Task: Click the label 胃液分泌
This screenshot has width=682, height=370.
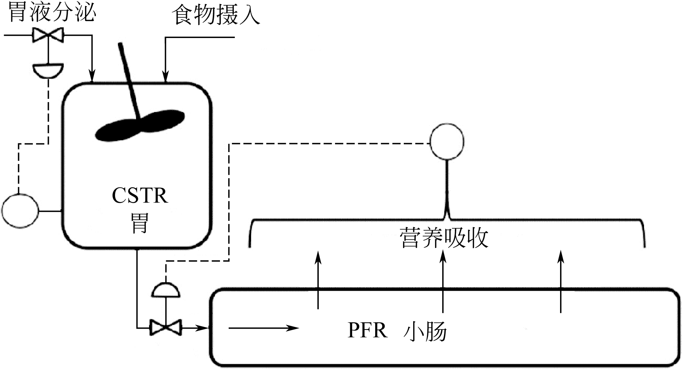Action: tap(52, 13)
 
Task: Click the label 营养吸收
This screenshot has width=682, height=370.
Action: tap(444, 238)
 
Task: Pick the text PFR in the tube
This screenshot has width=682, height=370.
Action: tap(367, 331)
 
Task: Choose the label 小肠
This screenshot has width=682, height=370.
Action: tap(425, 331)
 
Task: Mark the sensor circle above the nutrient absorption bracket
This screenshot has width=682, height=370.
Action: tap(447, 142)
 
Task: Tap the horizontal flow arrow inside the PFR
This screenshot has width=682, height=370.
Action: tap(264, 328)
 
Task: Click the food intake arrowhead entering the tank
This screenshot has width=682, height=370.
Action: tap(165, 78)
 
